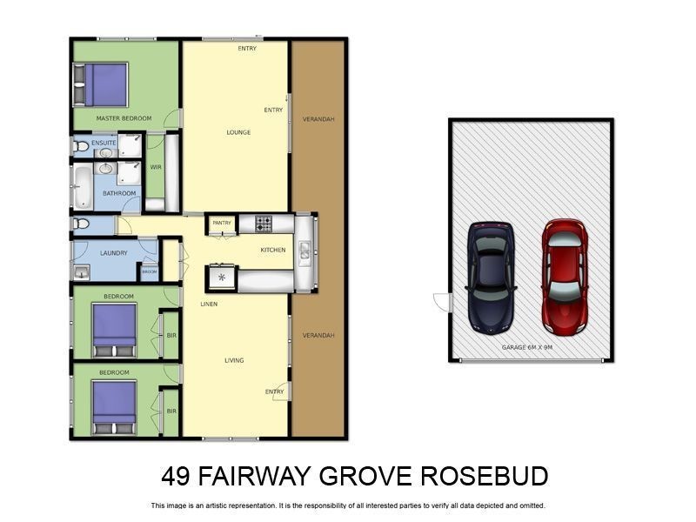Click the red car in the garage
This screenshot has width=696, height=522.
point(564,277)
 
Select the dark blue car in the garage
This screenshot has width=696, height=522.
point(492,277)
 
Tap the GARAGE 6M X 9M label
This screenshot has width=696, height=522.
point(527,347)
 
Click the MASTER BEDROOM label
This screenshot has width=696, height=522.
point(124,118)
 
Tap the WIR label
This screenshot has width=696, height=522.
point(156,166)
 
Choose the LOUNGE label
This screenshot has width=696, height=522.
point(238,132)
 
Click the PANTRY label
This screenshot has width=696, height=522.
point(222,223)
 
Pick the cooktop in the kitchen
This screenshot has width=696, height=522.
point(264,224)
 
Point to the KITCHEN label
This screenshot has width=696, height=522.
point(272,251)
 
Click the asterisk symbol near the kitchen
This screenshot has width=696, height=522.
point(221,278)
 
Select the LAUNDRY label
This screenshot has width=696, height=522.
point(114,253)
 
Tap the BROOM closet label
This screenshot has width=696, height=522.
point(150,272)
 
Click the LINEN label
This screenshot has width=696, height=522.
point(209,304)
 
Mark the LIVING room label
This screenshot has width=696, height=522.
point(234,360)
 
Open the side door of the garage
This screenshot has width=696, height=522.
point(442,303)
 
